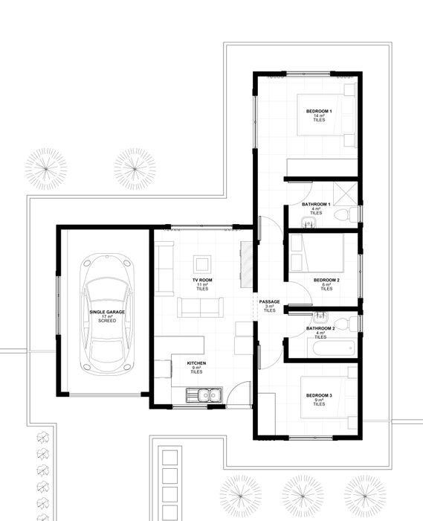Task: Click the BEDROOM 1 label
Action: (x=319, y=111)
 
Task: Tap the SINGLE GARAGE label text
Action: (x=107, y=312)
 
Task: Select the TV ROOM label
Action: (x=202, y=280)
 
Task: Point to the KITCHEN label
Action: (x=196, y=363)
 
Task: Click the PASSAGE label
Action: (x=269, y=301)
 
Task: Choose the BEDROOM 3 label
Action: (x=319, y=395)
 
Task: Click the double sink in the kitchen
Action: (x=204, y=395)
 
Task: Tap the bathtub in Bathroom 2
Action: (x=334, y=348)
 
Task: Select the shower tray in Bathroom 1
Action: (x=346, y=194)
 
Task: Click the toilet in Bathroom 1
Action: (x=346, y=214)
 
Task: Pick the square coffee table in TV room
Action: (x=202, y=264)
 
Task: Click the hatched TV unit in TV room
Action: (x=246, y=265)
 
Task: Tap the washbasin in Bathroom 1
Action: (x=309, y=223)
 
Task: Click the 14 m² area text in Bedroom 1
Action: (x=319, y=115)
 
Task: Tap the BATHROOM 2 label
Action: (x=320, y=328)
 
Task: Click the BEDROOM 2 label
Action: (x=326, y=280)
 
